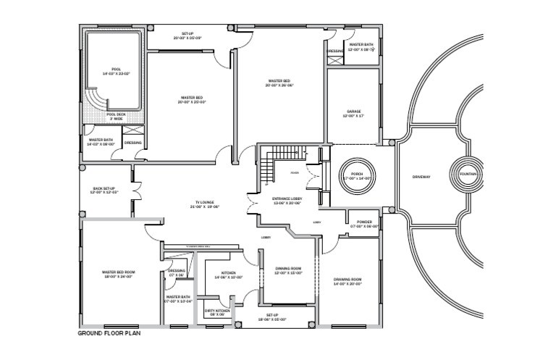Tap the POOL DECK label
tap(116, 114)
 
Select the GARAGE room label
tap(353, 111)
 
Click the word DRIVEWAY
tap(421, 176)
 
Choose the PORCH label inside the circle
tap(357, 174)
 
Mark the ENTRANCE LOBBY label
tap(287, 198)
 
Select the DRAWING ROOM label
tap(347, 279)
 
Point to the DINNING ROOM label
tap(287, 268)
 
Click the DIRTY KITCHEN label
tap(216, 311)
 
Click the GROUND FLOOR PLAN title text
tap(109, 334)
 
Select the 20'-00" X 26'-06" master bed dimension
tap(279, 85)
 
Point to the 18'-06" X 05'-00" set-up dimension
tap(272, 319)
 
